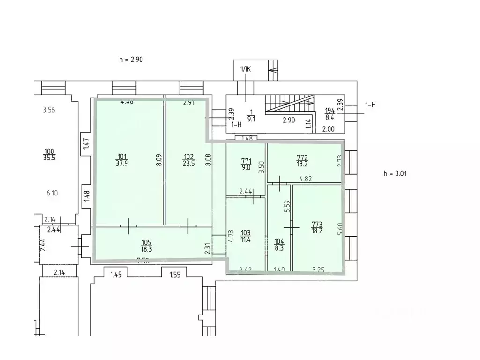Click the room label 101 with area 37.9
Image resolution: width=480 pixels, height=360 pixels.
pyautogui.click(x=122, y=160)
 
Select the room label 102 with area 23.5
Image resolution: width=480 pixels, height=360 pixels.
pyautogui.click(x=188, y=160)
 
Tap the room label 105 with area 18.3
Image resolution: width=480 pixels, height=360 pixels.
pyautogui.click(x=147, y=245)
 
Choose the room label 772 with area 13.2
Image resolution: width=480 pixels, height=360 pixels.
pyautogui.click(x=302, y=160)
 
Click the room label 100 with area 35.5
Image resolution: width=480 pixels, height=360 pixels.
pyautogui.click(x=49, y=154)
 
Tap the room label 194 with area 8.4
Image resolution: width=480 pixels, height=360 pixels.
pyautogui.click(x=330, y=114)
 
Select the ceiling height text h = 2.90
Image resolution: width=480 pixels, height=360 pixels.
pyautogui.click(x=131, y=60)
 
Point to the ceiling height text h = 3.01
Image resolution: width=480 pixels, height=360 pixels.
pyautogui.click(x=395, y=173)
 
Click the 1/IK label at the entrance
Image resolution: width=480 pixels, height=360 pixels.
pyautogui.click(x=246, y=69)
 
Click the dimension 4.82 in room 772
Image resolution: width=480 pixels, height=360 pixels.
pyautogui.click(x=306, y=178)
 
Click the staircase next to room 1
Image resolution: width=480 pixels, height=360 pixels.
pyautogui.click(x=290, y=104)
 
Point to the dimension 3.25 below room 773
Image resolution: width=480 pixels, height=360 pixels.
pyautogui.click(x=319, y=270)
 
